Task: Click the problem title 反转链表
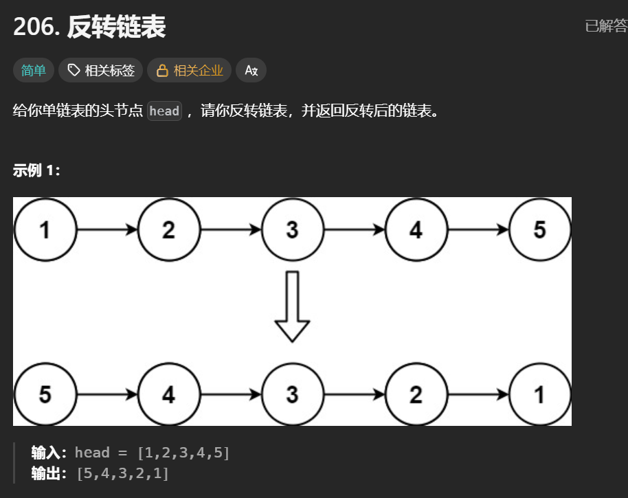pyautogui.click(x=117, y=27)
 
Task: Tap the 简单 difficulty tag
pyautogui.click(x=33, y=70)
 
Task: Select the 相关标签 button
pyautogui.click(x=101, y=70)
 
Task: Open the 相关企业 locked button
pyautogui.click(x=189, y=70)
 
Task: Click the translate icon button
pyautogui.click(x=251, y=70)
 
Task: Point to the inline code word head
pyautogui.click(x=164, y=111)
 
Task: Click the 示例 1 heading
pyautogui.click(x=36, y=171)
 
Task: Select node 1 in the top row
pyautogui.click(x=45, y=230)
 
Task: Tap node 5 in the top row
pyautogui.click(x=539, y=230)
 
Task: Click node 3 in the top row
pyautogui.click(x=292, y=230)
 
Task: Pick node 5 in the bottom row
pyautogui.click(x=45, y=394)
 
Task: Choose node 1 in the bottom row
pyautogui.click(x=539, y=394)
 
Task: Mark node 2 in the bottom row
pyautogui.click(x=416, y=394)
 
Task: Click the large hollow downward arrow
pyautogui.click(x=292, y=306)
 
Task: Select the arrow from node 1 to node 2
pyautogui.click(x=107, y=230)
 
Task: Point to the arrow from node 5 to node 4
pyautogui.click(x=107, y=394)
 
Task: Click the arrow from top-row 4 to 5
pyautogui.click(x=478, y=230)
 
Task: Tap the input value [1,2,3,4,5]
pyautogui.click(x=183, y=453)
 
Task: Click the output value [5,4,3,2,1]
pyautogui.click(x=123, y=473)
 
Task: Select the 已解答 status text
pyautogui.click(x=605, y=26)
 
